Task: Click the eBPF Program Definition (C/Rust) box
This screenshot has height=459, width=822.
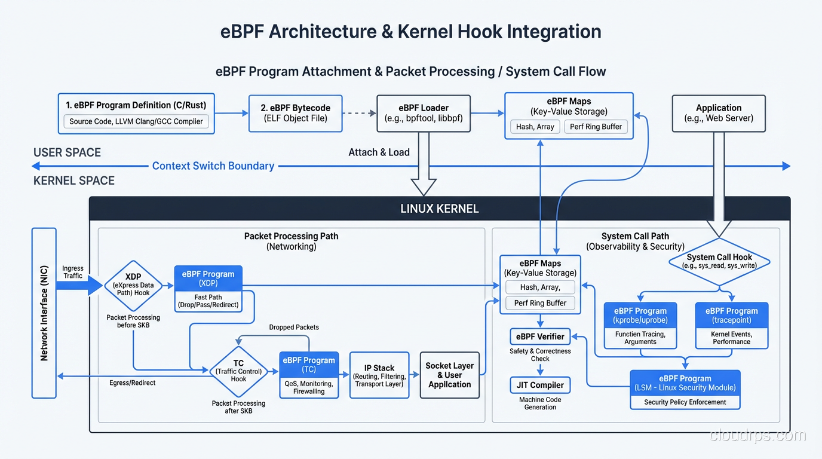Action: click(136, 105)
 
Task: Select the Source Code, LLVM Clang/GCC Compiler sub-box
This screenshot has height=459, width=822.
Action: click(136, 122)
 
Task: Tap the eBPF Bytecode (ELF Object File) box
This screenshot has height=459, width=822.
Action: click(295, 113)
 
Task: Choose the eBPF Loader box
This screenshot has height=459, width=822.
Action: click(424, 113)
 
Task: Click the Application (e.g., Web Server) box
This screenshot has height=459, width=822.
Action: click(718, 113)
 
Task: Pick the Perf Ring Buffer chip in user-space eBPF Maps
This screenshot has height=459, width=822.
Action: click(596, 127)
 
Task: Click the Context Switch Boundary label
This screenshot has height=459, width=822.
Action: click(213, 166)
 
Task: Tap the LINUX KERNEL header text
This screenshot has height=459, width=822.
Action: click(439, 209)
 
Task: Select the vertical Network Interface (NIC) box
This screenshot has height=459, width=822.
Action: click(44, 313)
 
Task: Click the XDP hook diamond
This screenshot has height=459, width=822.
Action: click(133, 285)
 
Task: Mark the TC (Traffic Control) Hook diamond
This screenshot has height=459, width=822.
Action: click(238, 371)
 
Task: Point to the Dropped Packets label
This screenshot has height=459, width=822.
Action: click(294, 328)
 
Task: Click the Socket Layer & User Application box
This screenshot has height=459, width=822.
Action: click(449, 375)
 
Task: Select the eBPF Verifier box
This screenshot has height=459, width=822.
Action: click(540, 336)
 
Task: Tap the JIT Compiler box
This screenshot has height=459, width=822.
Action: click(540, 385)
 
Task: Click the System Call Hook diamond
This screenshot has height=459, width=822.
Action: click(719, 261)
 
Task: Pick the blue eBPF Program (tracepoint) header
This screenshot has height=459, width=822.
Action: click(731, 315)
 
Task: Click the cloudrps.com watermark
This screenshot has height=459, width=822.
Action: click(757, 436)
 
